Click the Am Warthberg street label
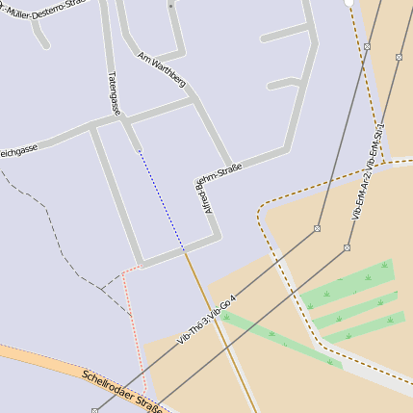(x=162, y=69)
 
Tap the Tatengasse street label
(x=115, y=92)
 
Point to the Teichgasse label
(x=17, y=151)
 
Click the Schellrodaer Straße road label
(x=120, y=390)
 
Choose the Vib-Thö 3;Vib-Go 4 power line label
(x=206, y=320)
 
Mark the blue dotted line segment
(x=160, y=198)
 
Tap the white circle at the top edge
(x=349, y=3)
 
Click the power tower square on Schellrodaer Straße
(x=94, y=411)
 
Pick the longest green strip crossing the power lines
(x=279, y=337)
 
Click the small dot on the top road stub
(x=170, y=6)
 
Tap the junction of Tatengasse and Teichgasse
(x=92, y=125)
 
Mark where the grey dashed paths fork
(x=103, y=287)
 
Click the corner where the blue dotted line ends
(x=184, y=250)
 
